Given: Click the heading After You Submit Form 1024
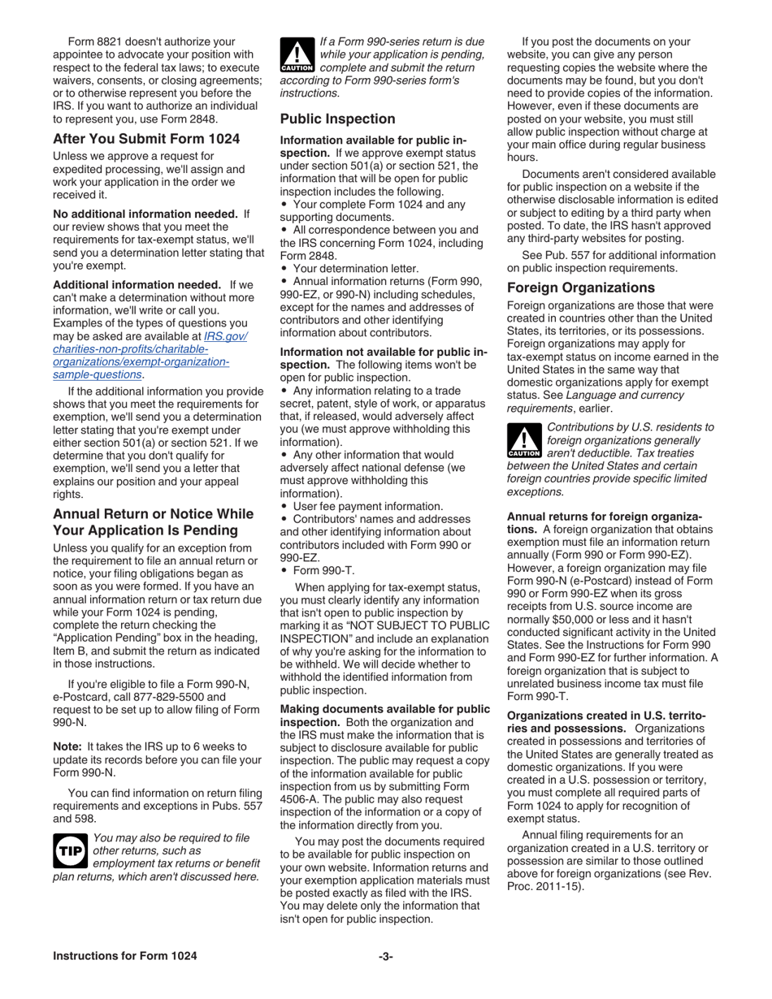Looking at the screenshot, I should (146, 139).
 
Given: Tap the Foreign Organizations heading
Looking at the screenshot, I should (580, 288).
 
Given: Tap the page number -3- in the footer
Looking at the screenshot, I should (386, 956).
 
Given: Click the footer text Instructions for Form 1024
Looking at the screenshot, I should (124, 956).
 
